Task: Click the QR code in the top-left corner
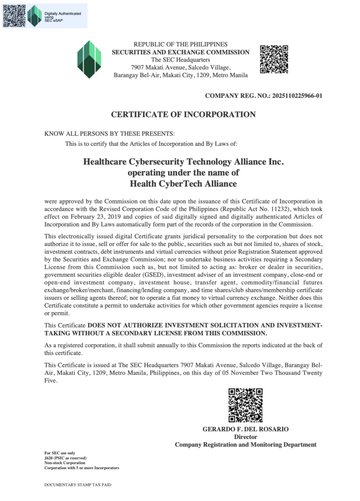pyautogui.click(x=14, y=15)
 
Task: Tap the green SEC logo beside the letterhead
pyautogui.click(x=89, y=59)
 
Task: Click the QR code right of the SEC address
pyautogui.click(x=273, y=59)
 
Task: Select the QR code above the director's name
pyautogui.click(x=246, y=405)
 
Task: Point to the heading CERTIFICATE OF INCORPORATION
pyautogui.click(x=183, y=115)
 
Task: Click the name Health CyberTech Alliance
pyautogui.click(x=183, y=184)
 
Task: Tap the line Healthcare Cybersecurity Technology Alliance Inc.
pyautogui.click(x=183, y=161)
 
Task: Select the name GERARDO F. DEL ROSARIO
pyautogui.click(x=246, y=429)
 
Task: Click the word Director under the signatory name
pyautogui.click(x=246, y=437)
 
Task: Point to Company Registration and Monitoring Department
pyautogui.click(x=246, y=445)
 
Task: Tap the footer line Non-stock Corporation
pyautogui.click(x=65, y=463)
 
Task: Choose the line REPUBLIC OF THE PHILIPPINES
pyautogui.click(x=180, y=45)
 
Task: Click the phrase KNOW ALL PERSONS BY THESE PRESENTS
pyautogui.click(x=109, y=134)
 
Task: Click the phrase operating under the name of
pyautogui.click(x=183, y=173)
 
